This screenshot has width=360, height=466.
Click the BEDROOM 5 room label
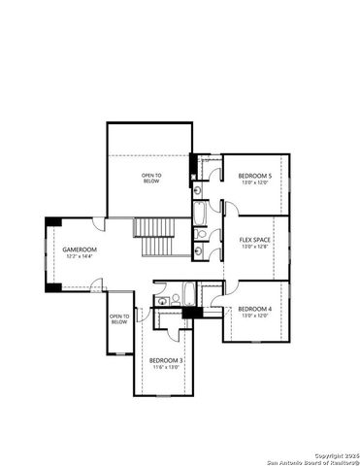(255, 175)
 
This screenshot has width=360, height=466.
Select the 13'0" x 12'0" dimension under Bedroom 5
(255, 183)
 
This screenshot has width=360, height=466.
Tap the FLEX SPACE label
(255, 239)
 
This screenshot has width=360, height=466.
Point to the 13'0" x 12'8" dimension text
(255, 247)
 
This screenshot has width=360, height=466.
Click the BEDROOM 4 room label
(255, 309)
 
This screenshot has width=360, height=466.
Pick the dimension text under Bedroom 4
(255, 316)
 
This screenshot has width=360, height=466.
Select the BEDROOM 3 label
(165, 360)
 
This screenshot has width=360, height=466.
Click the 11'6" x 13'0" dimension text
(165, 368)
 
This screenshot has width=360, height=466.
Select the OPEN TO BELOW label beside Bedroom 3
(119, 319)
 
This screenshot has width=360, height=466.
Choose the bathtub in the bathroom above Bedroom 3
(184, 302)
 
